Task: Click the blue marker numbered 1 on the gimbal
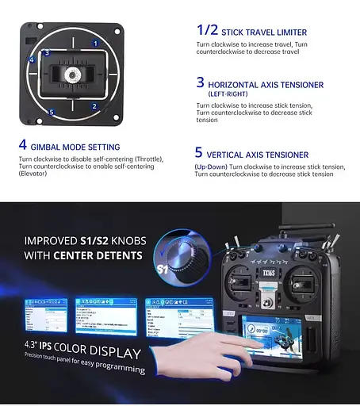pyautogui.click(x=95, y=44)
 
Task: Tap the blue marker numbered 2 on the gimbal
pyautogui.click(x=94, y=105)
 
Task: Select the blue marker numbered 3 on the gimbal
pyautogui.click(x=47, y=53)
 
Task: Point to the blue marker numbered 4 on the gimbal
pyautogui.click(x=32, y=60)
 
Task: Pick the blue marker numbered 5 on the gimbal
pyautogui.click(x=52, y=113)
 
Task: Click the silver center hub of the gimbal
pyautogui.click(x=70, y=75)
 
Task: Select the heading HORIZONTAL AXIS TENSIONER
pyautogui.click(x=266, y=84)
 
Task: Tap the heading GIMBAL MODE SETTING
pyautogui.click(x=75, y=147)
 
